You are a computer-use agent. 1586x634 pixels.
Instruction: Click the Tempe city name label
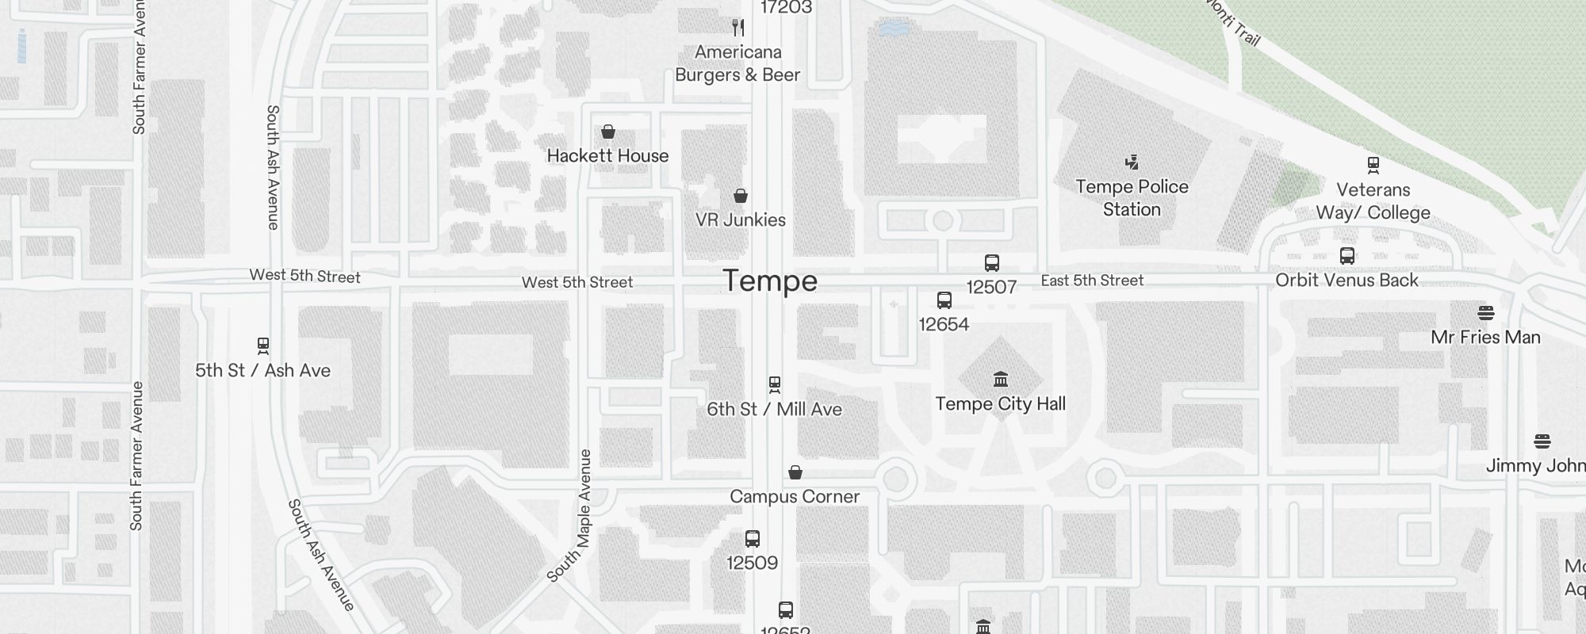(769, 281)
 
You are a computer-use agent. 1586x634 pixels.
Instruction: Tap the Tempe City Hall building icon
(1001, 380)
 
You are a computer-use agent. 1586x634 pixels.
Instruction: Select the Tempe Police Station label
(1132, 198)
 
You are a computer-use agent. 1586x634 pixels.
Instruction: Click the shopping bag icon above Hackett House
(608, 132)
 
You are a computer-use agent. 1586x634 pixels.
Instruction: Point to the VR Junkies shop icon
(741, 196)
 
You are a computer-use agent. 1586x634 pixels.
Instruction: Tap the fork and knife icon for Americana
(738, 29)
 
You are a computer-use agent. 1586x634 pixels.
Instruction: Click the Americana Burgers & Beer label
(737, 63)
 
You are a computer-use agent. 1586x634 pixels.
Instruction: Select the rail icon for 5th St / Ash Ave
(263, 346)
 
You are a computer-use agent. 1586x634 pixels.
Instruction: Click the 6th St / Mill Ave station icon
(775, 385)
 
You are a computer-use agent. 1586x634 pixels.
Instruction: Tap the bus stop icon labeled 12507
(991, 263)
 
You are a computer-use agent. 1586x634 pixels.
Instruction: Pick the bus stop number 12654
(944, 324)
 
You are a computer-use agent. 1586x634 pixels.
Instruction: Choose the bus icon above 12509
(753, 539)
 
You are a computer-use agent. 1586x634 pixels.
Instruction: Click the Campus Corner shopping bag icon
(795, 472)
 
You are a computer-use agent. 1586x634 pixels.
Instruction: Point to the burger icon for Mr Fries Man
(1486, 313)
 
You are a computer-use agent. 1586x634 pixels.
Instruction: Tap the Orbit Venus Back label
(1347, 280)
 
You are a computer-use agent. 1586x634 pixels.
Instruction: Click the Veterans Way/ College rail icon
(1373, 165)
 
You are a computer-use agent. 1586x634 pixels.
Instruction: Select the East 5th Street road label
(1092, 281)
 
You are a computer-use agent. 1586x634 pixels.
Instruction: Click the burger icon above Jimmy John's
(1542, 441)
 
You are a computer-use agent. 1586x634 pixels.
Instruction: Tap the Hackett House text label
(607, 156)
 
